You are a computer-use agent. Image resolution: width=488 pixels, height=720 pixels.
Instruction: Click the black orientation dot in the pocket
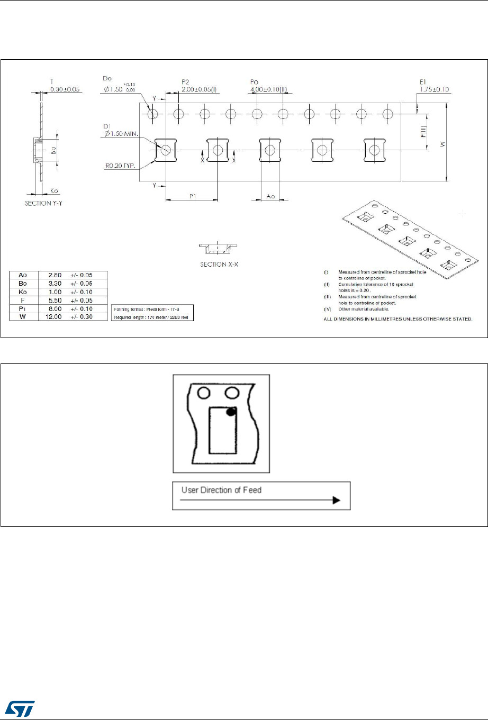pos(231,412)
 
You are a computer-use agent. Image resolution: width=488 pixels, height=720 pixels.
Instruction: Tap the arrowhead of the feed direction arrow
pos(336,500)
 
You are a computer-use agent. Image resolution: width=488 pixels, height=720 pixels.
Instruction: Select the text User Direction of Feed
pos(221,490)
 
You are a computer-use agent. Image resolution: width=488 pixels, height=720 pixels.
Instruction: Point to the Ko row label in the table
pos(23,292)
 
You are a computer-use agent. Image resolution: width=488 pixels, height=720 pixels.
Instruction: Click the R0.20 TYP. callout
pos(121,166)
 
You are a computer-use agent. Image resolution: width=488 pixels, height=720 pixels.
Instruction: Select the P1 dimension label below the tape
pos(193,195)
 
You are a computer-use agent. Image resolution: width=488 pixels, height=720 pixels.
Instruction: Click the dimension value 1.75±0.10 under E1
pos(434,89)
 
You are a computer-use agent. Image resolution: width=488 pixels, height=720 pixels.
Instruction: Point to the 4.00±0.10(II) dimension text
pos(268,89)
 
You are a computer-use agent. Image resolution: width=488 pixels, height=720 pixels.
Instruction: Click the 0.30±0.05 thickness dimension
pos(65,89)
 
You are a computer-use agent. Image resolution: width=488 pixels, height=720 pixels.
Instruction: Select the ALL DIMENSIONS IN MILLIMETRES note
pos(398,320)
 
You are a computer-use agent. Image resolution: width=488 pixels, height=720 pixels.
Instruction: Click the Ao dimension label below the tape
pos(270,196)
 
